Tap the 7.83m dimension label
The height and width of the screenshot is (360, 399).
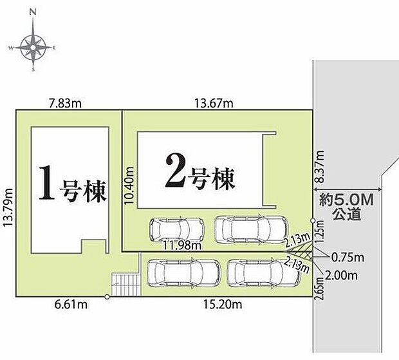(63, 102)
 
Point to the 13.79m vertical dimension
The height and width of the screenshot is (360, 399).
(9, 204)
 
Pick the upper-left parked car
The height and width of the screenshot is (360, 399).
(176, 228)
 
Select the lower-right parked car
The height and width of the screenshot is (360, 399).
(263, 272)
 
